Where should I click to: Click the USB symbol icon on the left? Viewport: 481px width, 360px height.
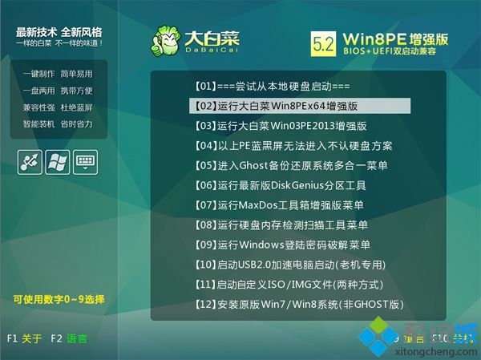click(x=30, y=161)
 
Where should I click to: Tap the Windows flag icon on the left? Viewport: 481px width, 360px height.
click(x=57, y=161)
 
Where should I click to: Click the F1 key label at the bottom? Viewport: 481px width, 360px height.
click(x=12, y=339)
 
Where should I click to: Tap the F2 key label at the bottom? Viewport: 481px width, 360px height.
click(x=55, y=339)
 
